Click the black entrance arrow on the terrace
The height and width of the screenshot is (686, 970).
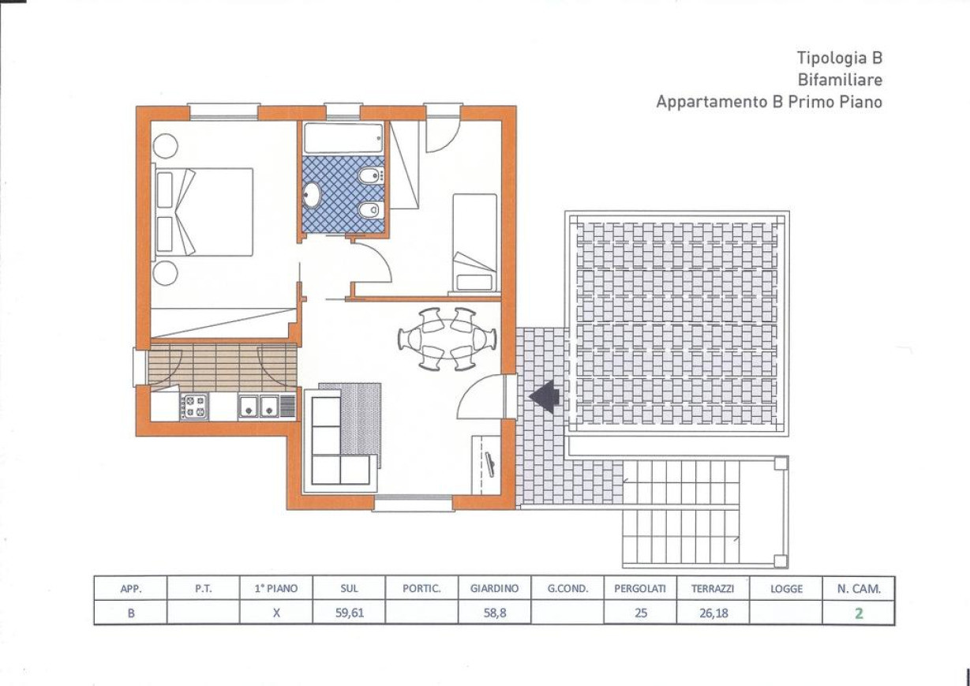tap(545, 396)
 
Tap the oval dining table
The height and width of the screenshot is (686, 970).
tap(447, 339)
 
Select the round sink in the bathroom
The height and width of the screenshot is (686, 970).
tap(311, 195)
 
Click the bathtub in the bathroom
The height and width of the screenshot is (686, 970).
tap(343, 138)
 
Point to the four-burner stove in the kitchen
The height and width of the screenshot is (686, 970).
tap(194, 407)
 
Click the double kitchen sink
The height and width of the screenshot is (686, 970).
tap(259, 407)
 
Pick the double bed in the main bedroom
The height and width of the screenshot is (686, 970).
tap(203, 212)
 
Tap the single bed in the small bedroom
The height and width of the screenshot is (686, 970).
tap(474, 242)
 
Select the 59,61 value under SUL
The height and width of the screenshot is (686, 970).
tap(349, 613)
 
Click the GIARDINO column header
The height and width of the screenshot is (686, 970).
tap(494, 589)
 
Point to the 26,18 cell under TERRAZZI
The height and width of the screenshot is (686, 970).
tap(713, 613)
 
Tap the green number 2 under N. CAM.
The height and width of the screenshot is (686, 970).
tap(860, 613)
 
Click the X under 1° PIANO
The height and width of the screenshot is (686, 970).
tap(275, 613)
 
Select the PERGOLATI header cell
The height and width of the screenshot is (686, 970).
tap(640, 589)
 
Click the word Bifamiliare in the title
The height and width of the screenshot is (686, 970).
tap(841, 80)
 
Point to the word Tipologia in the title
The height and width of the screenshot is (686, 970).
tap(826, 58)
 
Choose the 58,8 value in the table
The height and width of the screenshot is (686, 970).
tap(495, 613)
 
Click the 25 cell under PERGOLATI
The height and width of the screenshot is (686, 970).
tap(640, 613)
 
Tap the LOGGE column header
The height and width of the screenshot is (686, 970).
tap(786, 589)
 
